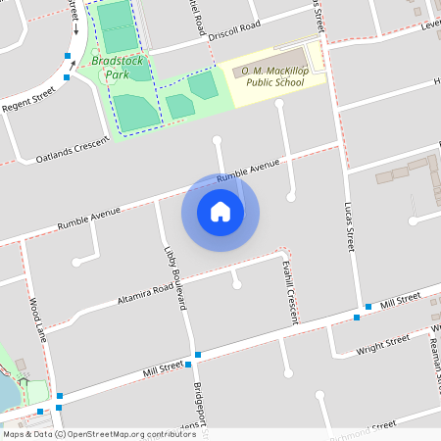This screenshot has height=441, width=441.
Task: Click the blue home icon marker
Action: [x=220, y=212]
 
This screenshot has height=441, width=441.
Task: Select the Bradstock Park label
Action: [x=118, y=67]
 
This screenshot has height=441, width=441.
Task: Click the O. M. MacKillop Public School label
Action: [x=269, y=75]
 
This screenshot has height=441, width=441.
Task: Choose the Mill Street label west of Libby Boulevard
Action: [x=163, y=368]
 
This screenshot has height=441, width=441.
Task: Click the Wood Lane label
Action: [x=37, y=318]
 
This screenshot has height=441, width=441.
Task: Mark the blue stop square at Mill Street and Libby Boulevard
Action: [x=198, y=354]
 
